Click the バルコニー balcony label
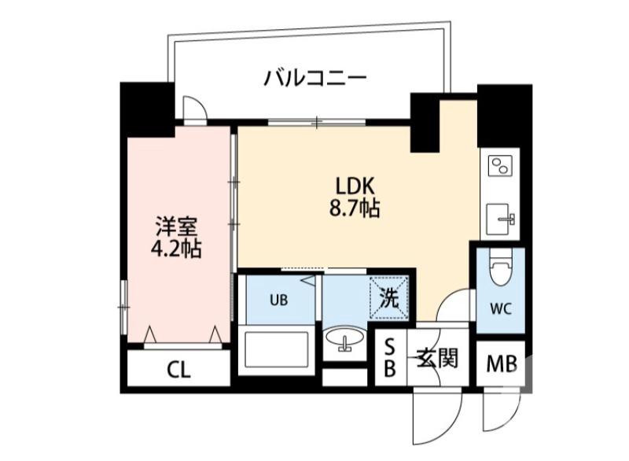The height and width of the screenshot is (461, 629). (x=314, y=79)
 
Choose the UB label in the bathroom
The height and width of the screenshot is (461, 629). (x=278, y=299)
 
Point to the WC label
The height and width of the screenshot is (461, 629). (x=502, y=308)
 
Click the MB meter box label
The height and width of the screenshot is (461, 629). (x=500, y=365)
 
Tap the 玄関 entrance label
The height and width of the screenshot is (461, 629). (x=436, y=360)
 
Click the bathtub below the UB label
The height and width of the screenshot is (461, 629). (x=275, y=349)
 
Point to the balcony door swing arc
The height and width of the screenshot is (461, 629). (x=193, y=108)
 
